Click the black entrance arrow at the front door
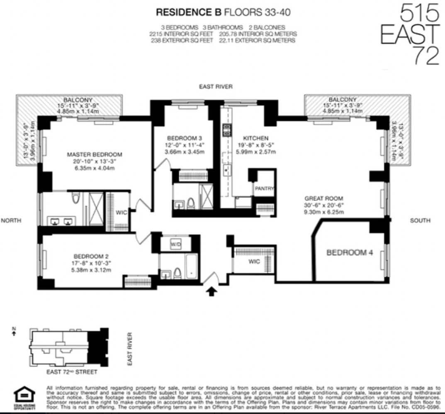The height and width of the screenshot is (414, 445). point(212,292)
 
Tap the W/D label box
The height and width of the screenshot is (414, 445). point(176,245)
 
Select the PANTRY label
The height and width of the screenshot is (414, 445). point(264,189)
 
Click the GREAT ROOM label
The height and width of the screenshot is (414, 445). point(323,198)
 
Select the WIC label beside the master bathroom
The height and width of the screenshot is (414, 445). point(121,212)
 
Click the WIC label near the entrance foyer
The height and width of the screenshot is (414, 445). point(254,261)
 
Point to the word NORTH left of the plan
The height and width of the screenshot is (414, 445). point(11,221)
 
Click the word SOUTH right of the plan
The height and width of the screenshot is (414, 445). point(420,221)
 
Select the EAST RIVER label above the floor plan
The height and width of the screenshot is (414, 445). point(215,87)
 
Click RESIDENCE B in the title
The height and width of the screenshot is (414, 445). point(183,12)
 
